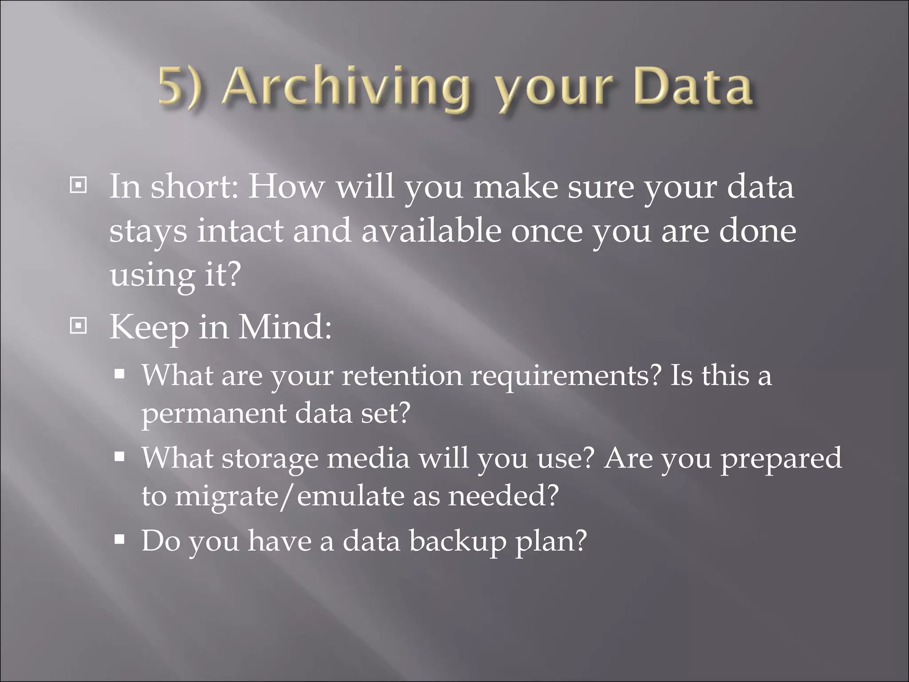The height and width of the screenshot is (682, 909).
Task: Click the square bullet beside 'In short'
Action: pyautogui.click(x=79, y=185)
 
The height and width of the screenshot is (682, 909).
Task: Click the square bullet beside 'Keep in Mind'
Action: pyautogui.click(x=79, y=326)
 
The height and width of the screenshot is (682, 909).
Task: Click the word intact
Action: pyautogui.click(x=240, y=231)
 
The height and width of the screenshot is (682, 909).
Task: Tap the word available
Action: pyautogui.click(x=431, y=231)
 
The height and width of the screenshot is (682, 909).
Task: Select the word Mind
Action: pyautogui.click(x=285, y=327)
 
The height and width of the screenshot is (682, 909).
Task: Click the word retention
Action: pyautogui.click(x=402, y=376)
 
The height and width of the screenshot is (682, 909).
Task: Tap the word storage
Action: pyautogui.click(x=270, y=458)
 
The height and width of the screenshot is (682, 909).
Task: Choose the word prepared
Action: pyautogui.click(x=781, y=458)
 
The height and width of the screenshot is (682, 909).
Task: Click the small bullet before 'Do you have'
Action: pyautogui.click(x=119, y=540)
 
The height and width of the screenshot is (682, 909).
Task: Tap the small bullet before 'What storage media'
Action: pyautogui.click(x=119, y=457)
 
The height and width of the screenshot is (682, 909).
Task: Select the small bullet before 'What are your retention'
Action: pyautogui.click(x=119, y=374)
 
